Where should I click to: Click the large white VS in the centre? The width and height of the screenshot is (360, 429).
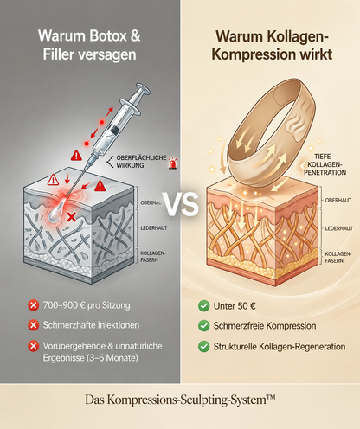tap(182, 204)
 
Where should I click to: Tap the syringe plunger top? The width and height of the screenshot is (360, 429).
tap(143, 87)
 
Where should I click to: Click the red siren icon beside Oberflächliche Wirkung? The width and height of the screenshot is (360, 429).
tap(172, 163)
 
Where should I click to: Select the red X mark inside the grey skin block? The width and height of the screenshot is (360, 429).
tap(72, 217)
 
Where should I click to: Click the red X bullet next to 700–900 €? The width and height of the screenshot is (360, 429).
tap(34, 305)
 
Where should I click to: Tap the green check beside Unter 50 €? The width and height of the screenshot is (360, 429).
tap(204, 306)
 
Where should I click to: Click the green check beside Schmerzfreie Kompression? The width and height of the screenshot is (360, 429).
tap(204, 326)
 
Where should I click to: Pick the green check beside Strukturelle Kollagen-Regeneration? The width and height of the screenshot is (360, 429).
tap(204, 346)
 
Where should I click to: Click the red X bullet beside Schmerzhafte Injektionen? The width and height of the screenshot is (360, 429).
tap(34, 325)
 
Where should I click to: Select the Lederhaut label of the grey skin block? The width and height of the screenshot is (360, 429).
tap(154, 228)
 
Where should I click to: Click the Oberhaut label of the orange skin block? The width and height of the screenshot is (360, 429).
tap(338, 200)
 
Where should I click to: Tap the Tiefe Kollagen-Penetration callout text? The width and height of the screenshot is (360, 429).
tap(325, 164)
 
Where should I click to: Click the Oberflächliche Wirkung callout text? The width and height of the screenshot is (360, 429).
tap(141, 162)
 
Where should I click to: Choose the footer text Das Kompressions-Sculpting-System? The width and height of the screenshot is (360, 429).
tap(180, 400)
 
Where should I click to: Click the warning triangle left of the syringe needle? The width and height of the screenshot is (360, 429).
tap(76, 156)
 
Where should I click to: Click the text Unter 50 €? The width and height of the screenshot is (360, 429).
tap(235, 306)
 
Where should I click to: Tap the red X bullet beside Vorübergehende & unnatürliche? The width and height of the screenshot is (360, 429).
tap(34, 346)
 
